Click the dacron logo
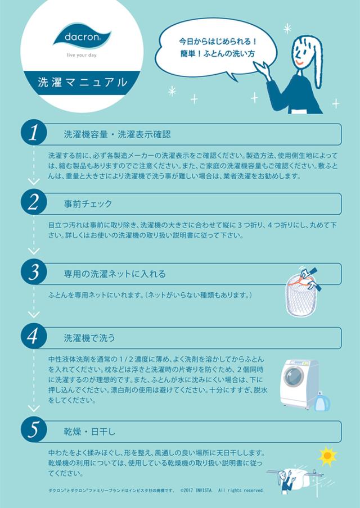82,37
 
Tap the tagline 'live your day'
82,57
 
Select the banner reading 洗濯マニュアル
82,81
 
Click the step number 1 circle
34,134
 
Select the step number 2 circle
34,203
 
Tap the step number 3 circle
34,273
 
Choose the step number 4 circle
34,337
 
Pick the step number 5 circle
34,430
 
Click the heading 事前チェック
88,203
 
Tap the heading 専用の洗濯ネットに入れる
115,274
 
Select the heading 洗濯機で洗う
89,338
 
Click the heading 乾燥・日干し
89,431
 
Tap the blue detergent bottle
322,401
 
